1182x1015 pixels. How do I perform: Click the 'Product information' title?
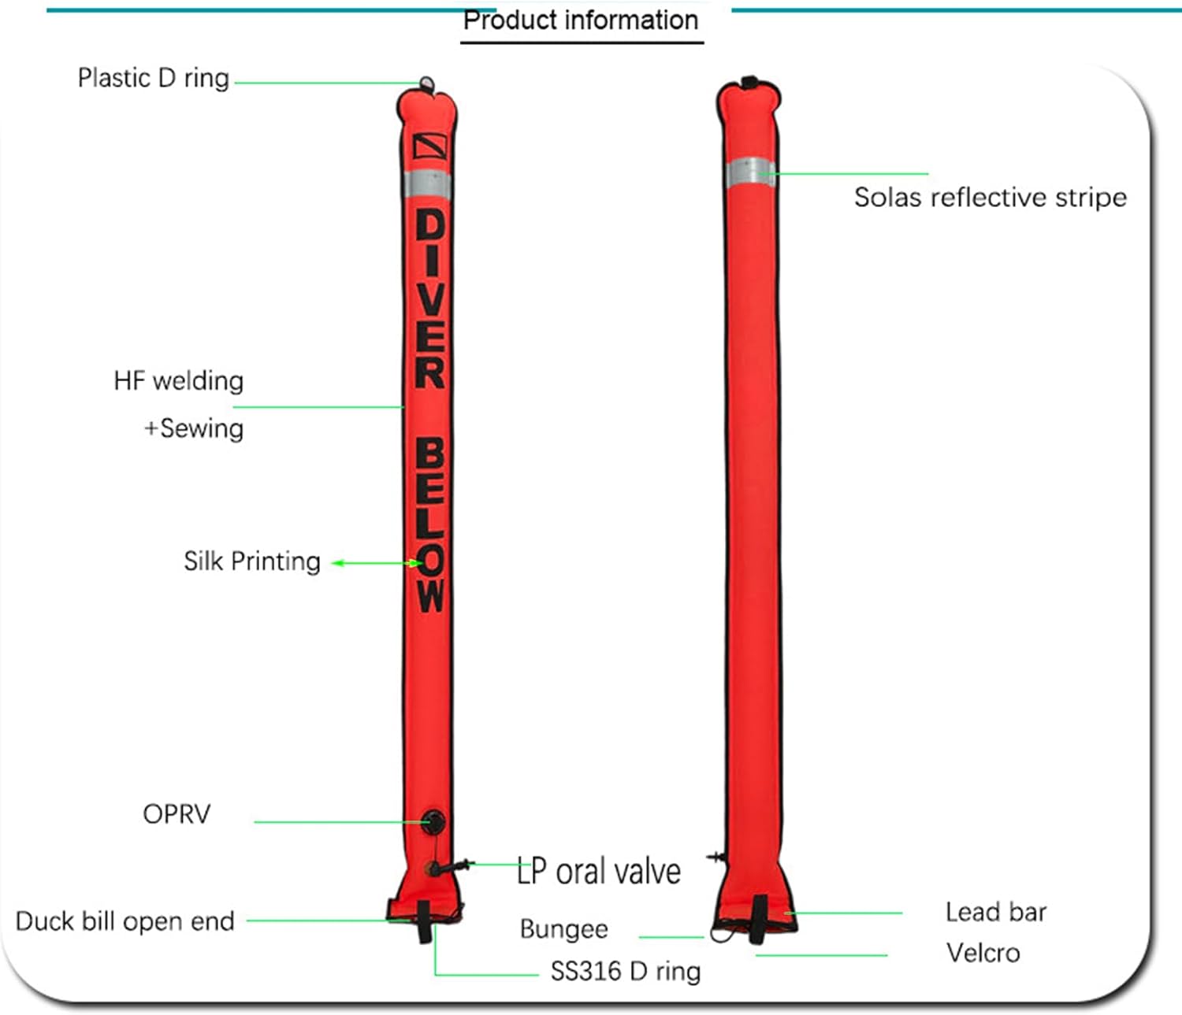581,20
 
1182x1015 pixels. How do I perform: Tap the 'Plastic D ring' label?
153,78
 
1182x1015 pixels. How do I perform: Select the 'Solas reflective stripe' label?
991,198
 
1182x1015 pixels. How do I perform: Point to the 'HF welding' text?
178,380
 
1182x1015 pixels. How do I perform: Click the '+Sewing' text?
194,428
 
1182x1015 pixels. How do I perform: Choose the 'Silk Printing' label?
251,561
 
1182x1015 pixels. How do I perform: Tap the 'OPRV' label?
177,814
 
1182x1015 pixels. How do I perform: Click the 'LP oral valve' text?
599,872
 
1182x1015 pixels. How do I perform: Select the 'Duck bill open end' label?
125,921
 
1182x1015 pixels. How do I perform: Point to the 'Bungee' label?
564,929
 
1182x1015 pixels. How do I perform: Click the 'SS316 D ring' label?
626,972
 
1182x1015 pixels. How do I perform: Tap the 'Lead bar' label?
995,912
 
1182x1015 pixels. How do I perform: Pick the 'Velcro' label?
983,954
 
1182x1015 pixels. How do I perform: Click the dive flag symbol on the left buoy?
430,146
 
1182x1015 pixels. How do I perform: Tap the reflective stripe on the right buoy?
750,172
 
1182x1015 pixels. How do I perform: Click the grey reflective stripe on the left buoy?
428,184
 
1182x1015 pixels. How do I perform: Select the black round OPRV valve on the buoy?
433,822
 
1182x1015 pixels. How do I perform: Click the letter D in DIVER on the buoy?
430,224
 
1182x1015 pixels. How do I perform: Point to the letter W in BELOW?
430,595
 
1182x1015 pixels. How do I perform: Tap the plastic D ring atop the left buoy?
426,84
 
